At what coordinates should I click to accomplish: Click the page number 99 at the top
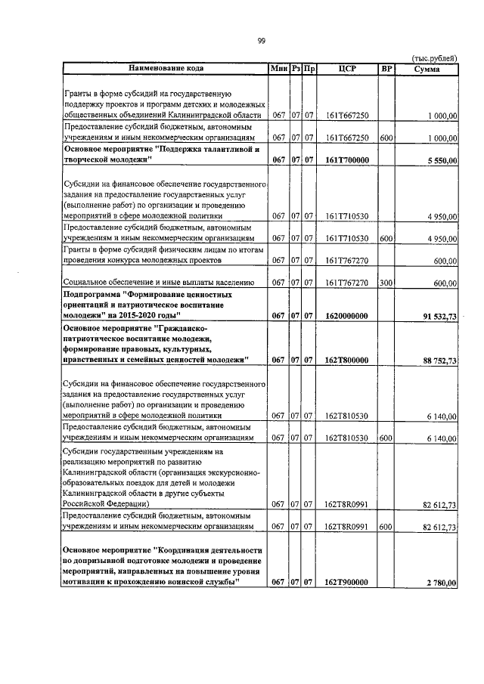coord(261,41)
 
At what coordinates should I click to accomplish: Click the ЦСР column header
coord(347,69)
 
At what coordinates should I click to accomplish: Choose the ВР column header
coord(386,69)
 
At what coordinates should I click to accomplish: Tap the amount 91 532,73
coord(437,317)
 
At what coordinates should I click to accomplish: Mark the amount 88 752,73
coord(437,361)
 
